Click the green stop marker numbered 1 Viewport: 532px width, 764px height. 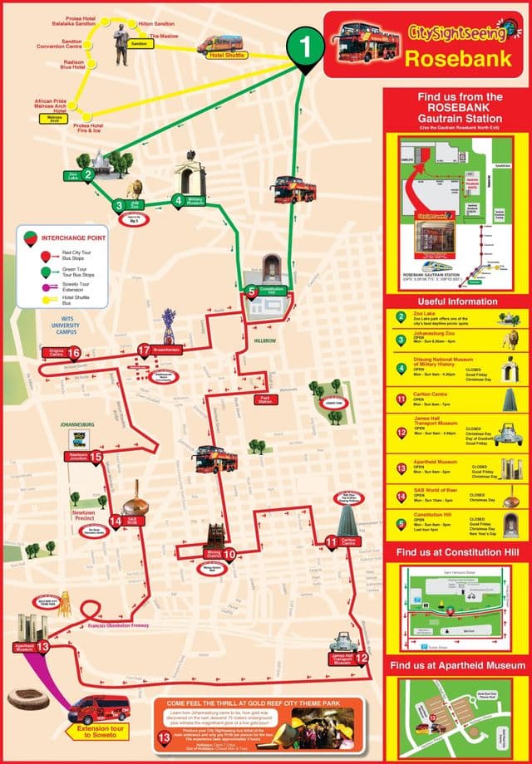click(307, 47)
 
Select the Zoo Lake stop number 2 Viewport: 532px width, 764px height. click(87, 174)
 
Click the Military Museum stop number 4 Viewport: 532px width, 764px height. click(179, 199)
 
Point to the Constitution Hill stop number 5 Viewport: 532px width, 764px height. click(252, 291)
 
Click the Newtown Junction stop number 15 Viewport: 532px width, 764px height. click(96, 456)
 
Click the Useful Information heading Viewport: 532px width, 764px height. click(458, 301)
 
